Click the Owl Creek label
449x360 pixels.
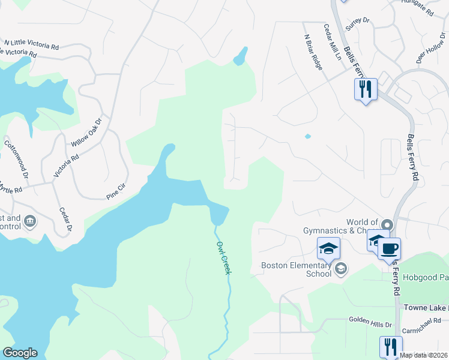(223, 258)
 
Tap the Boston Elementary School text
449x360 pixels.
(296, 269)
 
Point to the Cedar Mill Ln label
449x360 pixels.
(332, 42)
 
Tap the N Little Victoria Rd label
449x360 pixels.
(31, 44)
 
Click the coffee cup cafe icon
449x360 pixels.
(389, 247)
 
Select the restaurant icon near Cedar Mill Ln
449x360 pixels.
(366, 89)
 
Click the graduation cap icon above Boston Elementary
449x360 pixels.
(328, 248)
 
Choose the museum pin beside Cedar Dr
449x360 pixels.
(29, 223)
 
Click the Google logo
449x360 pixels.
(19, 353)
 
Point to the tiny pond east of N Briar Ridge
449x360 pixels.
(308, 136)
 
